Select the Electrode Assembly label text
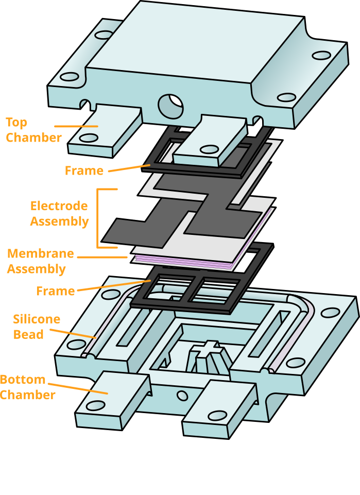(x=59, y=214)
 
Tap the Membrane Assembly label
(x=40, y=262)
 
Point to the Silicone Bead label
(x=36, y=327)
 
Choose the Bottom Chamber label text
(x=28, y=387)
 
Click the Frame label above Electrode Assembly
(x=84, y=171)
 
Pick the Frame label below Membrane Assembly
(x=55, y=292)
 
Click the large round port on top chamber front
(x=170, y=106)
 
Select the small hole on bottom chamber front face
(x=182, y=396)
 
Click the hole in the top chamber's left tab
(x=89, y=138)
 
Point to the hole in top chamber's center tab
(x=209, y=149)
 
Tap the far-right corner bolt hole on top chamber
(x=321, y=55)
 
